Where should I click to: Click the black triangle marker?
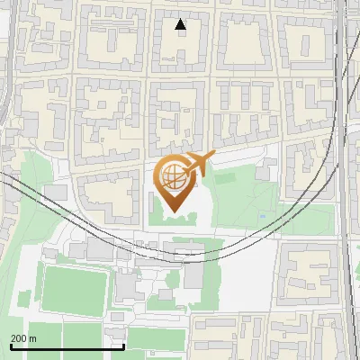pyautogui.click(x=181, y=24)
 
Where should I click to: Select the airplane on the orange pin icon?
pyautogui.click(x=199, y=165)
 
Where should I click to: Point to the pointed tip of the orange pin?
pyautogui.click(x=173, y=211)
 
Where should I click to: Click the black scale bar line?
pyautogui.click(x=67, y=346)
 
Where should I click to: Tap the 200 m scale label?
pyautogui.click(x=23, y=337)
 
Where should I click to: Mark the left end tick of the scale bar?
pyautogui.click(x=11, y=346)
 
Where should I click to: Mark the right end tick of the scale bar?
pyautogui.click(x=123, y=346)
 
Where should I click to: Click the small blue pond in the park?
pyautogui.click(x=262, y=216)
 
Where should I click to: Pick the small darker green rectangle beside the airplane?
pyautogui.click(x=224, y=177)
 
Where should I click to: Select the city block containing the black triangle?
pyautogui.click(x=180, y=40)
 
